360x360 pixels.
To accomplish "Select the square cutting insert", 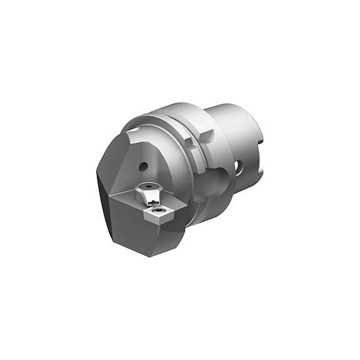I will pos(157,215).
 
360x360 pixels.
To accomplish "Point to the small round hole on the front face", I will pos(143,167).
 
